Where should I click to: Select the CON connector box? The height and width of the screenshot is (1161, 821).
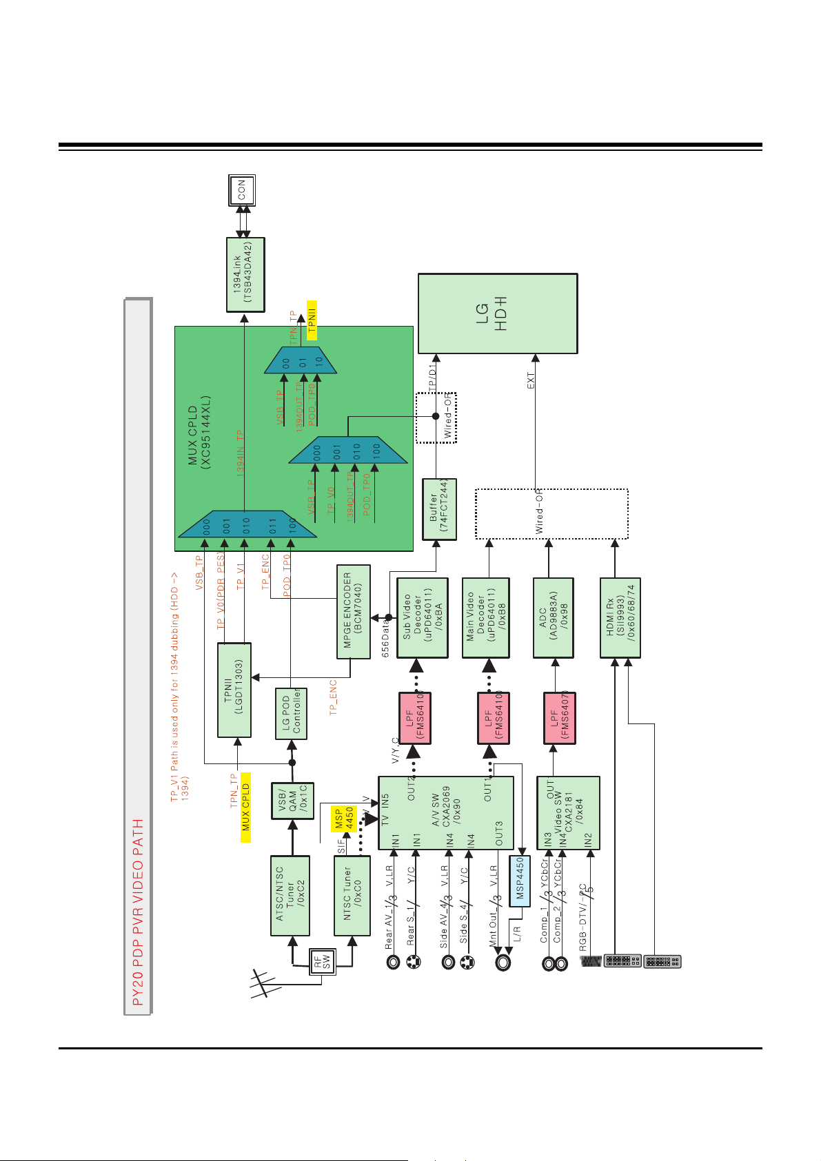point(242,190)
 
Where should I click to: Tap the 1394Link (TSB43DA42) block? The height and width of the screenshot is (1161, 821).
point(245,275)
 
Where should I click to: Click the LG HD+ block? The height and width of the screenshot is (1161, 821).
point(498,314)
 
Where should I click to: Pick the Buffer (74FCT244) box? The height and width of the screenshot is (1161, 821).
point(439,509)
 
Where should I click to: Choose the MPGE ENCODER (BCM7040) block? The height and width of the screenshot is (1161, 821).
point(353,610)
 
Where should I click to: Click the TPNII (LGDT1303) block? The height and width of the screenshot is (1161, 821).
point(234,690)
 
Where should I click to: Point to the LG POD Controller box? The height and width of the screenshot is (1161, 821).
point(291,713)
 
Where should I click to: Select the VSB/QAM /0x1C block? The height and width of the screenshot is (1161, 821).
point(292,801)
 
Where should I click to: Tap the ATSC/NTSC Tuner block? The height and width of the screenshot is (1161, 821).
point(290,895)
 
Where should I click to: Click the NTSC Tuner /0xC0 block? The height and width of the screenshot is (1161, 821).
point(352,895)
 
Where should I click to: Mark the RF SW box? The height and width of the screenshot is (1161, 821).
point(322,961)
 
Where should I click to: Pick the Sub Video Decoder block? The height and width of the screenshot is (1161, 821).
point(423,617)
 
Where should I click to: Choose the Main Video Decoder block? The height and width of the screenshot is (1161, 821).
point(486,617)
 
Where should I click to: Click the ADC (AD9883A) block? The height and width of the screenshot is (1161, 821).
point(554,617)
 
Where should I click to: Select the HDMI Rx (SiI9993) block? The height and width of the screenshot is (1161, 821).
point(620,617)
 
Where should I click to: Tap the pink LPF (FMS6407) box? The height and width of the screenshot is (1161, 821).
point(559,718)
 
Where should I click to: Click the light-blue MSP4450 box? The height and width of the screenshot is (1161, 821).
point(520,881)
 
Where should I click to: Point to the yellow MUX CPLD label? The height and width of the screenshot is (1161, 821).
point(245,808)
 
